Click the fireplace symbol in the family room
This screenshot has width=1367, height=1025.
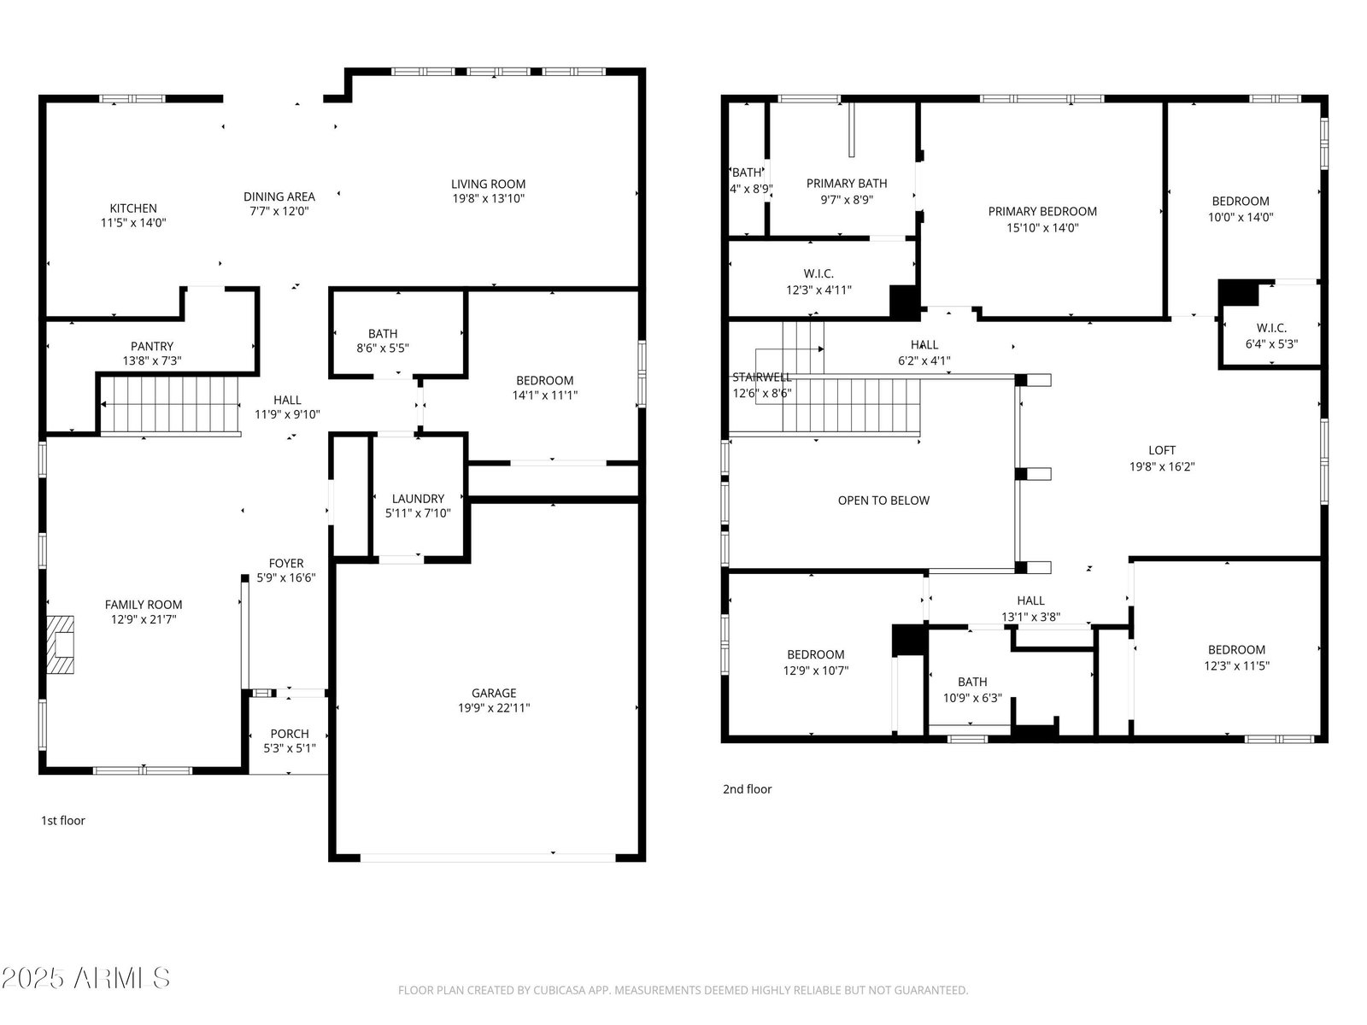pos(60,644)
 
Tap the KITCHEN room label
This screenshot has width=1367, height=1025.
pos(133,208)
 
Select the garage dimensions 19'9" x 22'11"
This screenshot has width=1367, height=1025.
pos(494,707)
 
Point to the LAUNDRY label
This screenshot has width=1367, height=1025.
pos(418,499)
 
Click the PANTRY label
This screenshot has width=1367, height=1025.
pos(152,346)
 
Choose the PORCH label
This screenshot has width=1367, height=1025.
pos(290,734)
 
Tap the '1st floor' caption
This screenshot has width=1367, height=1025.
pos(63,820)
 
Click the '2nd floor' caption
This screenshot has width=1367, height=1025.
pos(747,789)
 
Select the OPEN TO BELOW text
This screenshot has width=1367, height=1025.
pos(883,501)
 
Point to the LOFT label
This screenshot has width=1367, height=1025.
pos(1162,450)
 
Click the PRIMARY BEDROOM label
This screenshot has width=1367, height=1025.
pos(1042,212)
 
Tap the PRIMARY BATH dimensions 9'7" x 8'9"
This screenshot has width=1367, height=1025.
pos(847,200)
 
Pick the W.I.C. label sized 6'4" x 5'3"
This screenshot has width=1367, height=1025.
pos(1271,328)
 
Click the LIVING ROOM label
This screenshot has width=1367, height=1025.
pos(488,184)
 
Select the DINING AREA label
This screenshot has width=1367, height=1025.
pos(279,196)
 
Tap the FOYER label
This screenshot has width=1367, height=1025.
pos(286,563)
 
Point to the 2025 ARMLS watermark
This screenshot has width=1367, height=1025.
pos(86,978)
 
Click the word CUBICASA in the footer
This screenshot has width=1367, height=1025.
pos(557,990)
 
